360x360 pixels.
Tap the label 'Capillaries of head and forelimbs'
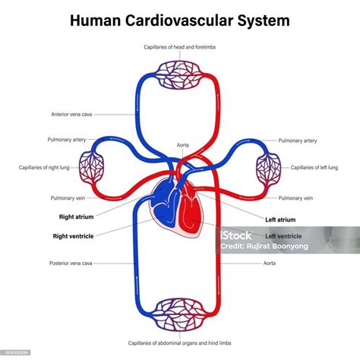point(180,47)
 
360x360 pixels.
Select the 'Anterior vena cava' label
point(72,115)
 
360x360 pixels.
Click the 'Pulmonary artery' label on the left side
point(68,141)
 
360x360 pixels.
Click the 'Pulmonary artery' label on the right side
point(297,141)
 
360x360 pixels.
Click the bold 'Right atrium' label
point(76,216)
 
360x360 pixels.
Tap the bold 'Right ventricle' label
point(74,236)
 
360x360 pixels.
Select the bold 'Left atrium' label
point(280,219)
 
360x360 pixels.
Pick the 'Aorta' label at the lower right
point(270,264)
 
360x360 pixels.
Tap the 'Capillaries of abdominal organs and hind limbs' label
point(180,344)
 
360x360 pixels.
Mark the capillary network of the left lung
point(269,166)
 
